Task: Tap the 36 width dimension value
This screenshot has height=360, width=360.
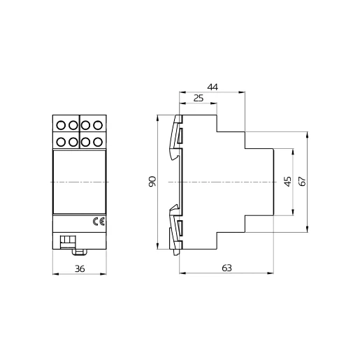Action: tap(79, 268)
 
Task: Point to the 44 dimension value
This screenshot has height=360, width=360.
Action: tap(213, 87)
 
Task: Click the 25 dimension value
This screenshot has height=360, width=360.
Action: tap(198, 99)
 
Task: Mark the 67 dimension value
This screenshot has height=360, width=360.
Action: tap(302, 181)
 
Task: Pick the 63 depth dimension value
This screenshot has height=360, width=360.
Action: tap(226, 268)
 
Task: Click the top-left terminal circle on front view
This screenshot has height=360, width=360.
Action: tap(60, 126)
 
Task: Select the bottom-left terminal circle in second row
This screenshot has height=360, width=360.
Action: tap(60, 142)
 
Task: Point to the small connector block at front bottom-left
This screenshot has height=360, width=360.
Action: tap(68, 241)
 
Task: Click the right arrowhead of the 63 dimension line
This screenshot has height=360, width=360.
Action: tap(272, 273)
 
